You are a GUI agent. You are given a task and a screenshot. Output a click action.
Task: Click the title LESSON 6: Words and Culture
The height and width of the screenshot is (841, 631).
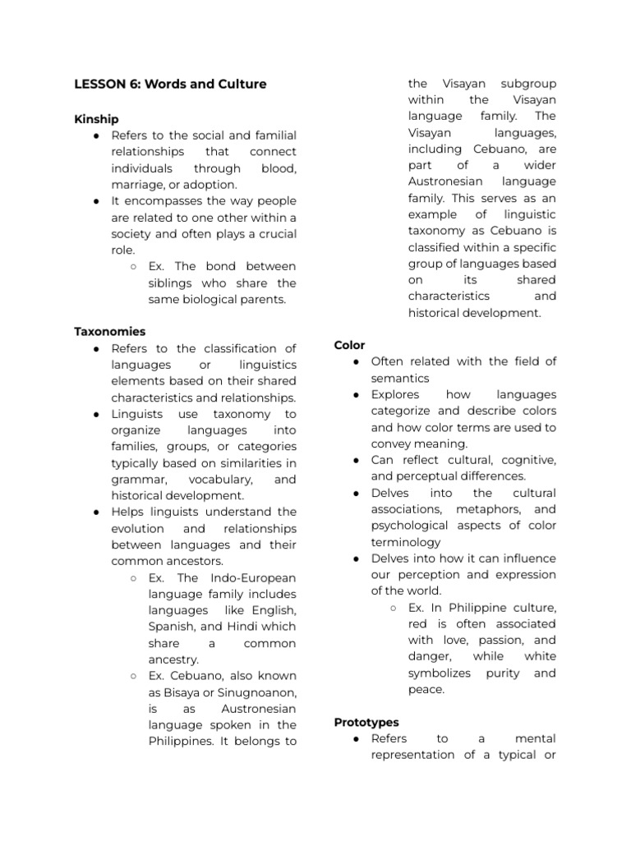pos(170,84)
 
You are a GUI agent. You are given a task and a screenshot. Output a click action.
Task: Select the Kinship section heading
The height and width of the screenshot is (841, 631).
pos(96,119)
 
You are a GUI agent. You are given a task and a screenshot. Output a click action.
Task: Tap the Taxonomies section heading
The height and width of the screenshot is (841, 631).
pos(110,332)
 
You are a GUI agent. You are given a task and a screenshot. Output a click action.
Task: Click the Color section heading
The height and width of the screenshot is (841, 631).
pos(349,345)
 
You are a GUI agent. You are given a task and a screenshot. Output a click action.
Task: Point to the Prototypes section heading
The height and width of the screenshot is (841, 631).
pos(366,722)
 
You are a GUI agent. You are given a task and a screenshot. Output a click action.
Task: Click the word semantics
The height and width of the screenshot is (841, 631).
pos(400,378)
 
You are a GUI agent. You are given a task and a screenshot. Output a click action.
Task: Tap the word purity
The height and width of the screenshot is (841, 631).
pos(502,673)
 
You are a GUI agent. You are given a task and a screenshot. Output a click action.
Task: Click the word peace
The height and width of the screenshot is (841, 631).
pos(426,689)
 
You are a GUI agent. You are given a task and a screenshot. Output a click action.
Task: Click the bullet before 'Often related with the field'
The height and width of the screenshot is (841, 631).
pos(356,361)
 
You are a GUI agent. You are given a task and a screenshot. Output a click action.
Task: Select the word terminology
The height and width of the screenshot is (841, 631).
pos(406,542)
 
